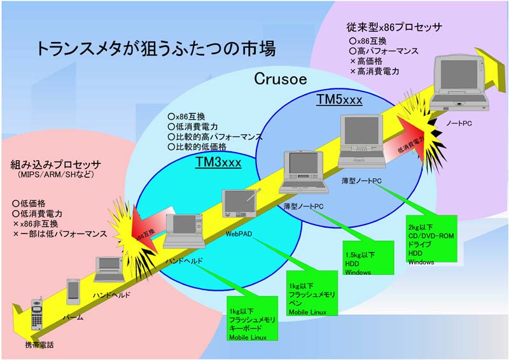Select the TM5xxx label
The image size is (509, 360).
coord(339,100)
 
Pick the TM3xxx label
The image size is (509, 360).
coord(218,163)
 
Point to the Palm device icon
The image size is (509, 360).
coord(74,291)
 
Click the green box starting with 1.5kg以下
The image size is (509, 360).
coord(368,258)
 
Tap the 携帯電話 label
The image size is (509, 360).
coord(39,344)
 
